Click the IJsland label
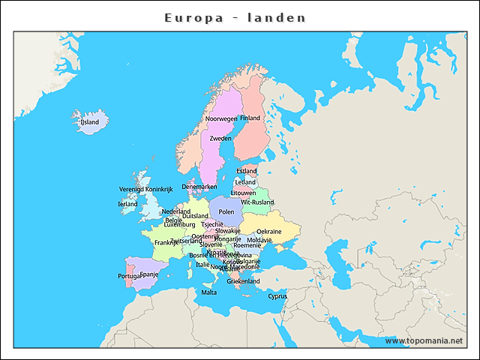click(x=89, y=121)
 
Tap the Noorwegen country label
click(x=221, y=118)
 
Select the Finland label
click(x=250, y=118)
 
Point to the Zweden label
click(x=220, y=139)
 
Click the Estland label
click(x=246, y=171)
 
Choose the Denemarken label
click(x=199, y=187)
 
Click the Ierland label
click(x=127, y=204)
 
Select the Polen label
click(x=226, y=212)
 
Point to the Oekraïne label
click(x=269, y=232)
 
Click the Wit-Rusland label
click(x=257, y=202)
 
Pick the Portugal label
click(x=130, y=277)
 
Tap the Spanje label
click(x=149, y=274)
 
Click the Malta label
click(x=208, y=292)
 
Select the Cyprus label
click(x=277, y=295)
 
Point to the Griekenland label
click(x=243, y=281)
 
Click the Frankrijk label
click(x=166, y=243)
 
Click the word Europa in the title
click(x=193, y=17)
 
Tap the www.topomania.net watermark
click(x=424, y=340)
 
